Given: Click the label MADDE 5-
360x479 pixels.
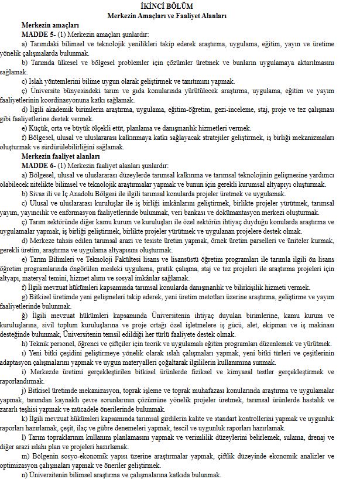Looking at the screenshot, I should [x=39, y=35].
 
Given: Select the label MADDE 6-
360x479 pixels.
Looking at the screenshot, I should [x=39, y=167].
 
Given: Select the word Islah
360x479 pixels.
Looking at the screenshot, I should [x=35, y=81].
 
